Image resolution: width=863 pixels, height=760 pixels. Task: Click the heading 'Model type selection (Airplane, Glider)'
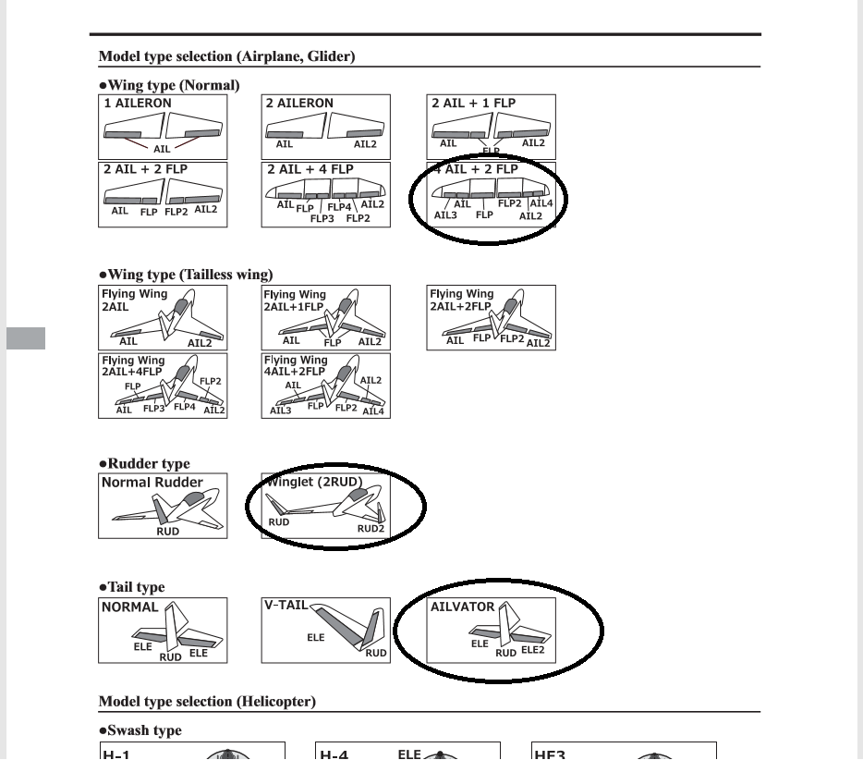(x=227, y=56)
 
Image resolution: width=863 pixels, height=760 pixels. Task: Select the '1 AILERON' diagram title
(x=137, y=104)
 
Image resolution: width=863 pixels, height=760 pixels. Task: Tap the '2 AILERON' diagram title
(x=299, y=104)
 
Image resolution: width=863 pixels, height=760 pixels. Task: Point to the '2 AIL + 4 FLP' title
(x=310, y=169)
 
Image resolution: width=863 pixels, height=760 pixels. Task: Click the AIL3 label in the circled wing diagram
(x=445, y=215)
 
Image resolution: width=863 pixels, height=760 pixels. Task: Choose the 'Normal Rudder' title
(x=152, y=482)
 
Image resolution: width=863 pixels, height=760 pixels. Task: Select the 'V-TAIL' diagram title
(x=286, y=605)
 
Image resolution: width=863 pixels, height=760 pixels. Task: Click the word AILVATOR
(x=463, y=607)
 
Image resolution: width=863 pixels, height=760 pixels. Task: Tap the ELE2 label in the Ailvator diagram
(x=533, y=649)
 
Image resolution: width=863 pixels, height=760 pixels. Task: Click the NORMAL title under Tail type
(x=129, y=607)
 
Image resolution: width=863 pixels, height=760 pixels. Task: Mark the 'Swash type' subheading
(x=140, y=730)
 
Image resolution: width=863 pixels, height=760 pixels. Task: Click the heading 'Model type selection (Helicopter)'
(x=207, y=702)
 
